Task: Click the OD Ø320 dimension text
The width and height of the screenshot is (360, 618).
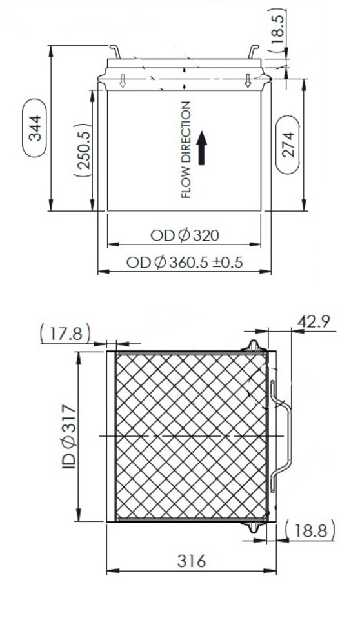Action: point(184,235)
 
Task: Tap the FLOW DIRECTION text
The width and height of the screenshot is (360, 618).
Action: point(186,149)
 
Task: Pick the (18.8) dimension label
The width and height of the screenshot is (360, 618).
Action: point(310,531)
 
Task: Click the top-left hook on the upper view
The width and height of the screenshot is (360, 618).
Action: point(114,50)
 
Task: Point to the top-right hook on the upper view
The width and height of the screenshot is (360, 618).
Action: point(253,50)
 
